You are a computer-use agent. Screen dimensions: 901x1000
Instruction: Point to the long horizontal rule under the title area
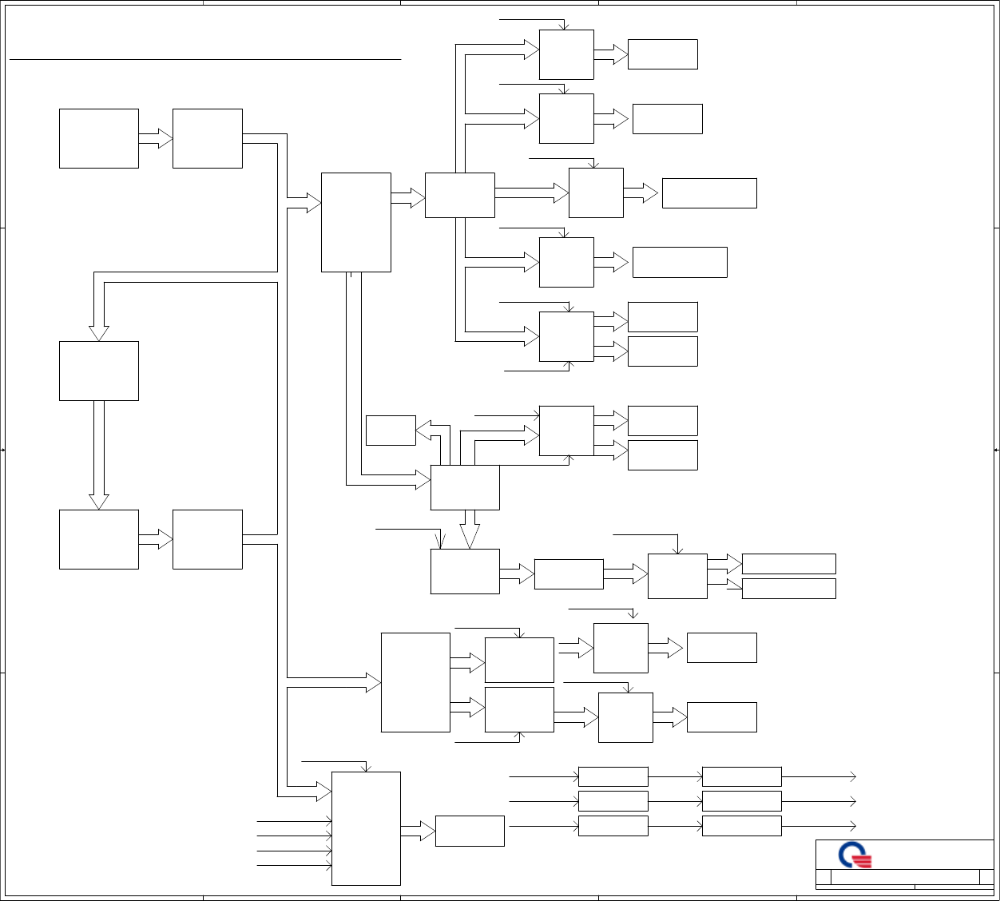204,59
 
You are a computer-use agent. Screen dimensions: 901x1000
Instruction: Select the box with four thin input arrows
366,828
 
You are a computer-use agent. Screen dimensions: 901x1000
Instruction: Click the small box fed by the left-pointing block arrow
391,431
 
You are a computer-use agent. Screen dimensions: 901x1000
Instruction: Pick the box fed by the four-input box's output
470,831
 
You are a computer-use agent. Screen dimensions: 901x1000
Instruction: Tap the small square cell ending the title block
986,877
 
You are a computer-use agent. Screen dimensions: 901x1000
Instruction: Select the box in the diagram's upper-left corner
99,138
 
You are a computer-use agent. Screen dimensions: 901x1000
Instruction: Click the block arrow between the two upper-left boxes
156,138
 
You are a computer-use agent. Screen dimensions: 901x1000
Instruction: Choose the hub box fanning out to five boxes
460,195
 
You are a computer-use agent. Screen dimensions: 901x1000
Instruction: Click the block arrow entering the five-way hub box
408,197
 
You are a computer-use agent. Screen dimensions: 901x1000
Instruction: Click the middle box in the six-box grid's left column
613,801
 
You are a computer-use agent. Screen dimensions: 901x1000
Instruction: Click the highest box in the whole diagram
566,54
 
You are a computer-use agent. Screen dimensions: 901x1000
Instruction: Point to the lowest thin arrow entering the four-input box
294,866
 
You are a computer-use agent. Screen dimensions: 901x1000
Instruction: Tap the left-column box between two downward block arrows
99,371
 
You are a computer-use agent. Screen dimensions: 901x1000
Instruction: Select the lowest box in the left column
99,539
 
